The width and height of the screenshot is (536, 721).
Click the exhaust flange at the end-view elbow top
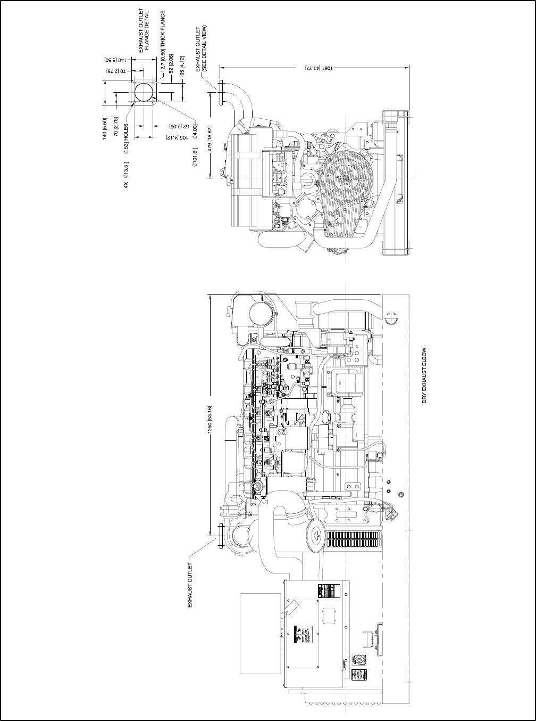tap(219, 94)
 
